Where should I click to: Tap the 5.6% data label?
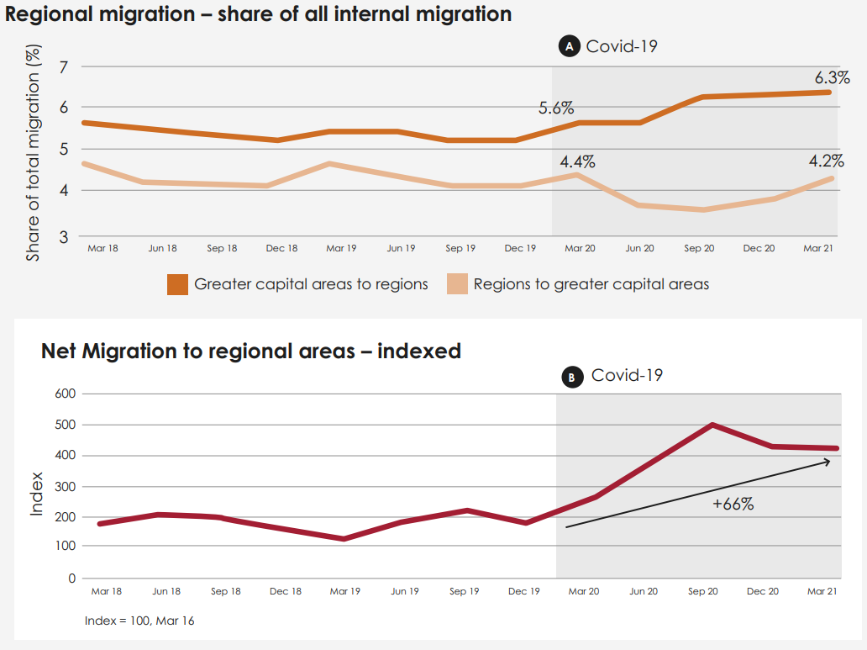click(x=556, y=108)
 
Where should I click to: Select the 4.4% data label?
click(x=577, y=161)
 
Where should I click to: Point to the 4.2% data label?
click(x=826, y=161)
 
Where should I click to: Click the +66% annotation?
click(x=733, y=505)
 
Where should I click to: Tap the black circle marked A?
click(x=569, y=47)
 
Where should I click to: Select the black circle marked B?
click(x=571, y=378)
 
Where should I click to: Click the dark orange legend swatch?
click(x=177, y=284)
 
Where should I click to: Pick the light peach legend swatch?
click(x=457, y=284)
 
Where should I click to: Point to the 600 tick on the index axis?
click(x=66, y=394)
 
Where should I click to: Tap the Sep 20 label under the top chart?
click(x=699, y=249)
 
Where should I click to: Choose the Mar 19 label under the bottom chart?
click(x=345, y=591)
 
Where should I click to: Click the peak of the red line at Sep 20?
click(x=712, y=425)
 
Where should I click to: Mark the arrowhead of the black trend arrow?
click(x=828, y=461)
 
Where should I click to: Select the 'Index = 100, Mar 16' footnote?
click(x=139, y=621)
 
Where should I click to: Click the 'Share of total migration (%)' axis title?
click(x=33, y=156)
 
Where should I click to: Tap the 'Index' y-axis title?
click(x=37, y=495)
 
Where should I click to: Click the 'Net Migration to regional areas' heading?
click(x=250, y=351)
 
